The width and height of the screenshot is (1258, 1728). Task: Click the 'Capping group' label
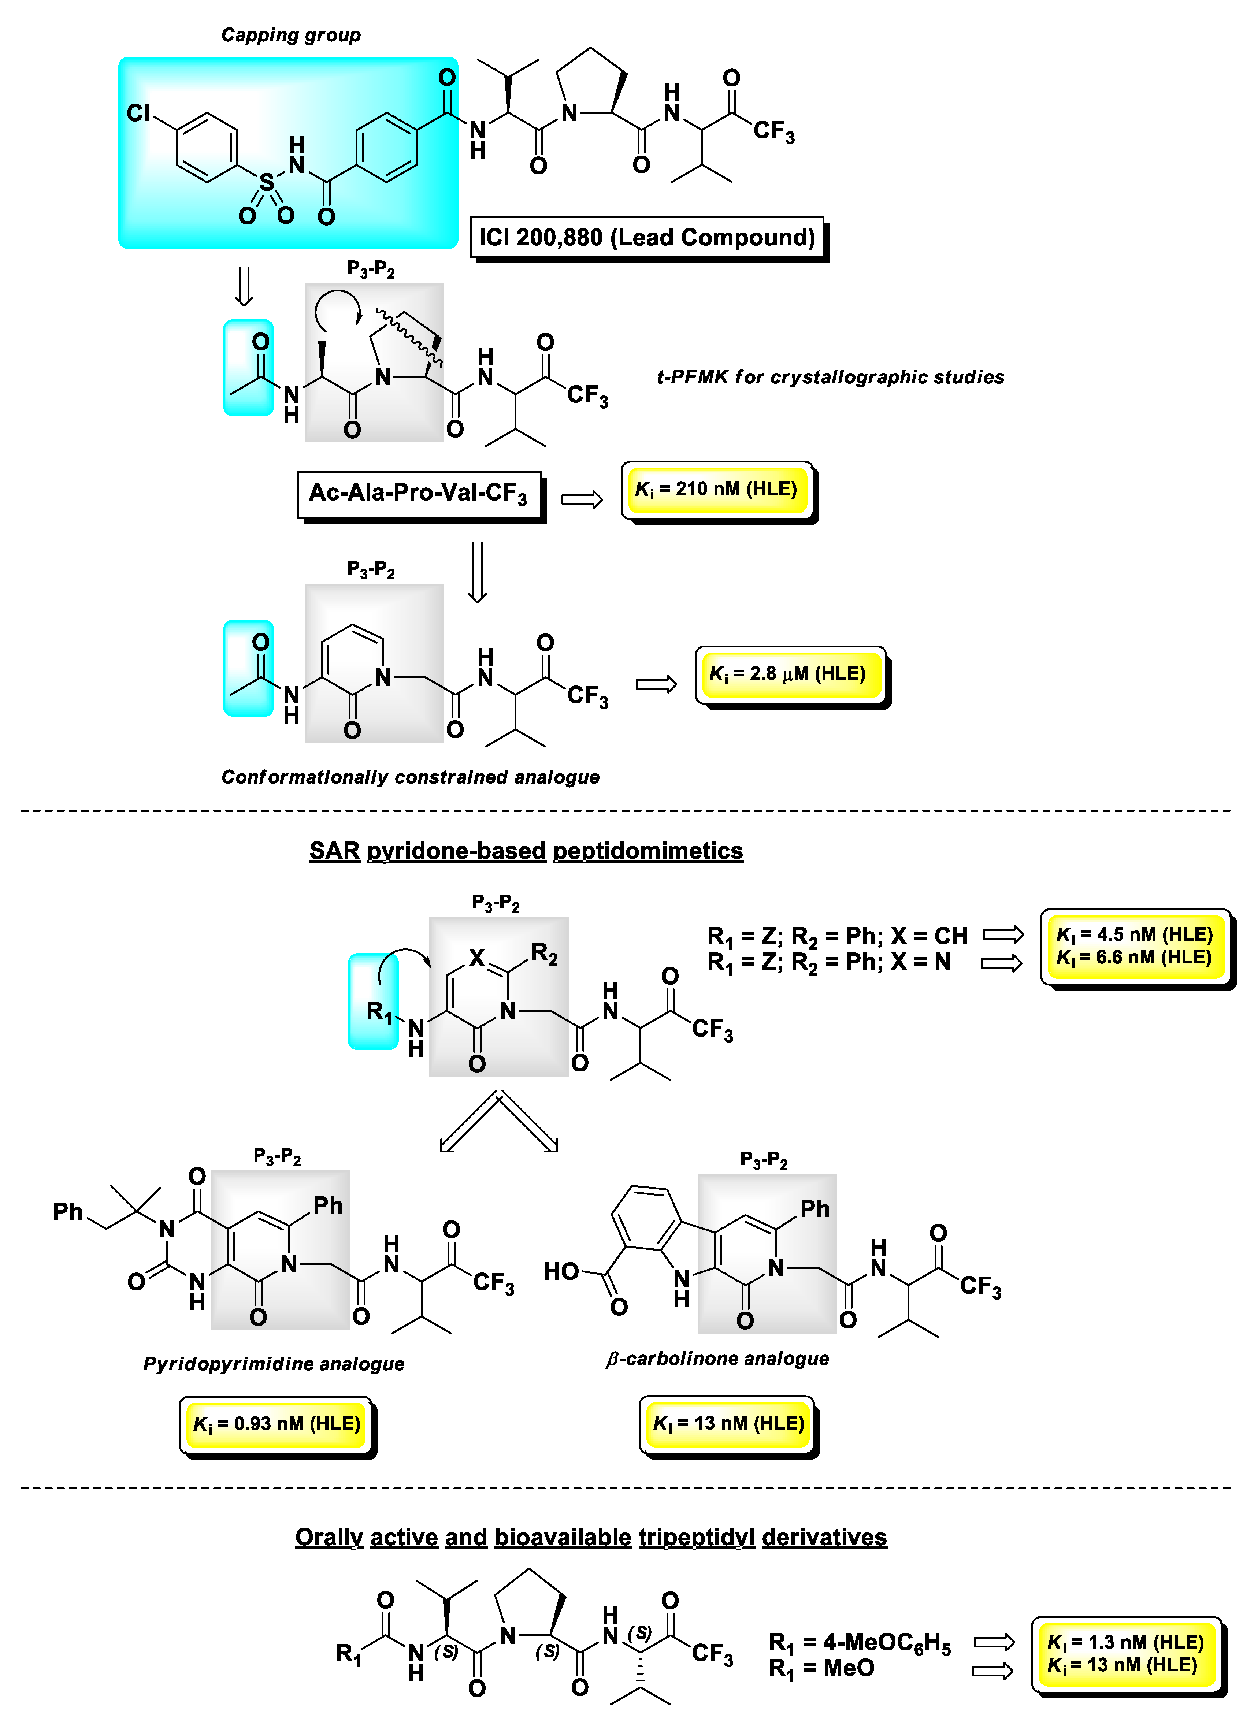(x=290, y=35)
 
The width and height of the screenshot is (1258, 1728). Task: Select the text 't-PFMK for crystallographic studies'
(x=830, y=377)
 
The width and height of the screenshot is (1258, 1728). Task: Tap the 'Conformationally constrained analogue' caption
(x=410, y=777)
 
